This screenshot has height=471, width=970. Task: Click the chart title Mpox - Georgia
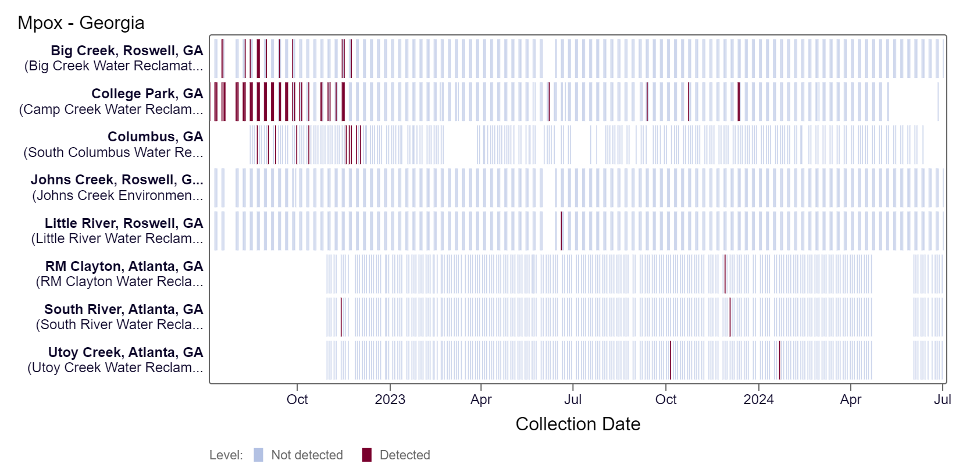[81, 23]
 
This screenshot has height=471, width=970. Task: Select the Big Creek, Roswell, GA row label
[127, 51]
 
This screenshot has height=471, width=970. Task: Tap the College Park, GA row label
[147, 94]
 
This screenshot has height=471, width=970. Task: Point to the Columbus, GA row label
[155, 137]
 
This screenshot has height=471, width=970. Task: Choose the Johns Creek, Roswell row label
[117, 180]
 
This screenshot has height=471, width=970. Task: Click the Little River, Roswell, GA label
[124, 223]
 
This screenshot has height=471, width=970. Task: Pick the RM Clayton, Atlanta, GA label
[124, 266]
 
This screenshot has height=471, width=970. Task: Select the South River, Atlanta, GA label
[124, 309]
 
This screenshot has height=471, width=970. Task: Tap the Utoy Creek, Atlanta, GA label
[126, 352]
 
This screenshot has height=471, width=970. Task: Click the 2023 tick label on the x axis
[390, 399]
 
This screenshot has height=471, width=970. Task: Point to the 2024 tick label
[758, 399]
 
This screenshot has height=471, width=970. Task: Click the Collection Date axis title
[577, 424]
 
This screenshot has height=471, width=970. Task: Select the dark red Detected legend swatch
[366, 455]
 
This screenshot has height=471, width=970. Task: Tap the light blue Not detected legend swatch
[258, 455]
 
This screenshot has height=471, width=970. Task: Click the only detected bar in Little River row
[561, 231]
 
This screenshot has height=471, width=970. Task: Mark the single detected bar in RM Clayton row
[725, 274]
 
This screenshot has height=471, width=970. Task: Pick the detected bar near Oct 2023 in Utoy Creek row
[671, 360]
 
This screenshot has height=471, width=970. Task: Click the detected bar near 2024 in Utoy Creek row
[780, 360]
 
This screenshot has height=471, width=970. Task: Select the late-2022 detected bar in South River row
[341, 317]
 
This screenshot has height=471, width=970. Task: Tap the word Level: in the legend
[226, 455]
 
